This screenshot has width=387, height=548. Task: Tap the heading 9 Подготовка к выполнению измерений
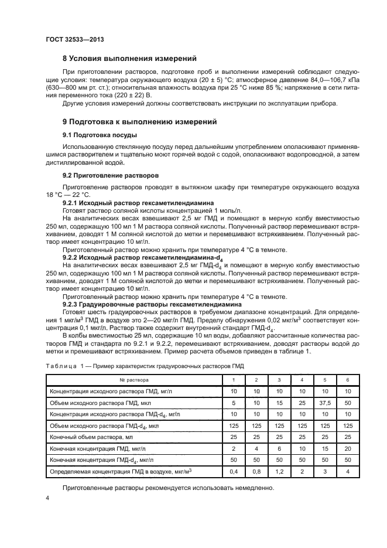(x=140, y=122)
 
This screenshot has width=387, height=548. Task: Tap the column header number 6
(x=347, y=380)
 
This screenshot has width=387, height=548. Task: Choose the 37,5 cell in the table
(x=324, y=403)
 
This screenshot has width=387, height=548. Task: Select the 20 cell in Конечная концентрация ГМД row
(x=347, y=448)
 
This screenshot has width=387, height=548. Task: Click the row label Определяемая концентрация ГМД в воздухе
(x=121, y=471)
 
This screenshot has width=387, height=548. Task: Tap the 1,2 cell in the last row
(x=279, y=471)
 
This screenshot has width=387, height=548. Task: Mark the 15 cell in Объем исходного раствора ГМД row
(x=279, y=403)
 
